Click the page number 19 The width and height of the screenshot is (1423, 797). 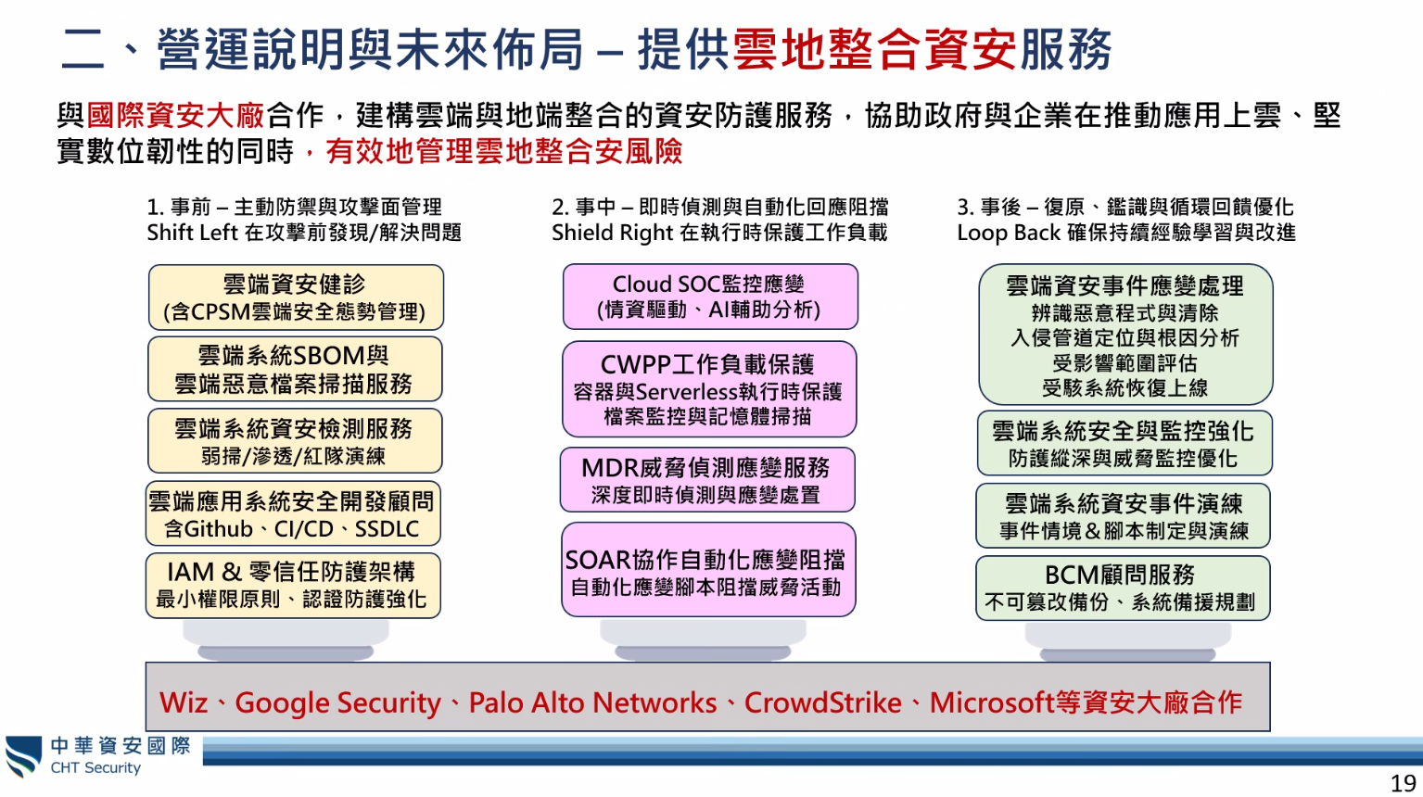click(x=1403, y=783)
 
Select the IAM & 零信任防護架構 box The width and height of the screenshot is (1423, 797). click(x=293, y=586)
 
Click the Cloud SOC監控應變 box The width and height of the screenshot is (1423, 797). click(x=710, y=297)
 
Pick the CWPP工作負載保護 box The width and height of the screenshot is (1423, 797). click(x=709, y=389)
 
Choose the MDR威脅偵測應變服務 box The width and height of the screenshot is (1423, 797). click(x=707, y=480)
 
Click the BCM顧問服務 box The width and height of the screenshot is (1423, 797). click(x=1122, y=588)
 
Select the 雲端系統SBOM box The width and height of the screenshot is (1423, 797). click(x=295, y=369)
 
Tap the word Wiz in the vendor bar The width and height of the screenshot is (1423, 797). click(x=184, y=702)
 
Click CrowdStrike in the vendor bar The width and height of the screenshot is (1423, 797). click(x=822, y=702)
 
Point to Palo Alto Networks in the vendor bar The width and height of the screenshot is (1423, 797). click(x=592, y=702)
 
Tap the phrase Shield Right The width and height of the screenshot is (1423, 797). click(x=612, y=233)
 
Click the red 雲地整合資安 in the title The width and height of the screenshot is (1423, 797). click(x=875, y=49)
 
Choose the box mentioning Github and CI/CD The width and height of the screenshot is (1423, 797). click(x=292, y=514)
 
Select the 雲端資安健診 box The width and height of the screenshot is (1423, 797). click(x=296, y=297)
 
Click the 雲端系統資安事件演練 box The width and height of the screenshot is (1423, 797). click(x=1124, y=516)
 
